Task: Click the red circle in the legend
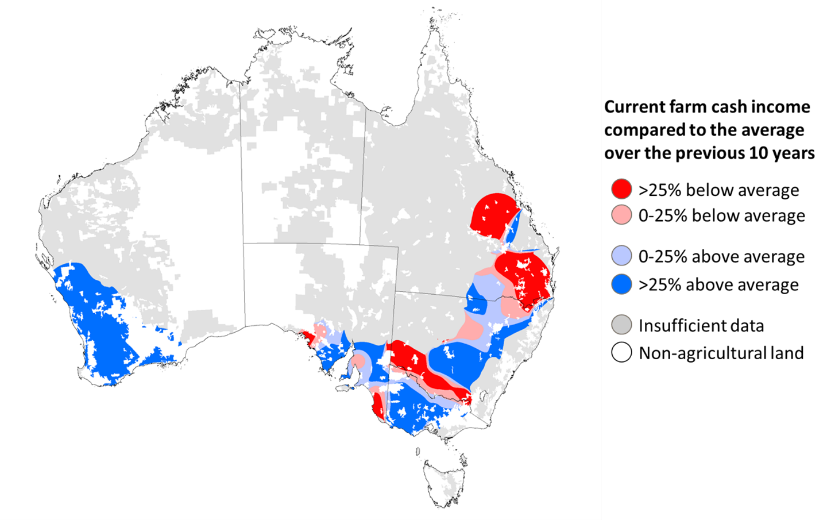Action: (x=621, y=188)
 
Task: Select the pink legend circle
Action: (x=621, y=215)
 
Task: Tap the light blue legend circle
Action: (x=621, y=255)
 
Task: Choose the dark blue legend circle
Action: (x=621, y=284)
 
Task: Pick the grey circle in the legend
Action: (x=621, y=325)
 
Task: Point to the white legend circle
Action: (x=621, y=352)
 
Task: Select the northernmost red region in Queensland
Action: (x=491, y=215)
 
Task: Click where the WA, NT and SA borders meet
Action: (x=244, y=243)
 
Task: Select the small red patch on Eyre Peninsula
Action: (x=308, y=336)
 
